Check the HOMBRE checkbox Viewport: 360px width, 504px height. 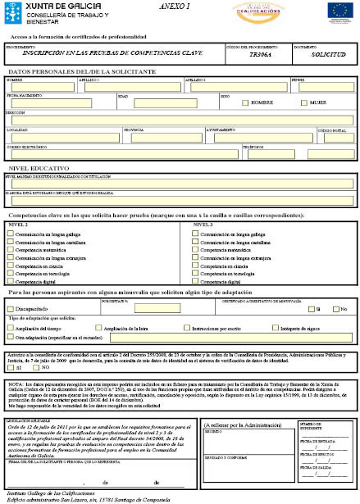(x=244, y=103)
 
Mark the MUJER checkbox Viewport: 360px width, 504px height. (x=303, y=103)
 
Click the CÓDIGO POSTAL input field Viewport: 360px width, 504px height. (x=335, y=137)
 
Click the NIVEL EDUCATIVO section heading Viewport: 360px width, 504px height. (x=34, y=166)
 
